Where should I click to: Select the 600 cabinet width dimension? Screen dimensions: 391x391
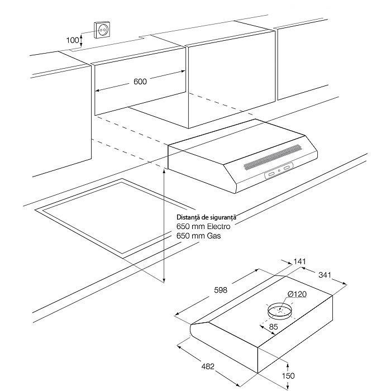click(x=140, y=82)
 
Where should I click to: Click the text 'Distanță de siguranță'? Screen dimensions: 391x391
click(x=207, y=217)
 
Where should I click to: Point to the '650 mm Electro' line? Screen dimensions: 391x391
click(x=203, y=227)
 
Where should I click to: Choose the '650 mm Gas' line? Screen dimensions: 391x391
click(x=198, y=236)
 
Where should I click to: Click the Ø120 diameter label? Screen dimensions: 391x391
click(x=297, y=294)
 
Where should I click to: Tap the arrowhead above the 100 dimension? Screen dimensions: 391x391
click(x=82, y=34)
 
